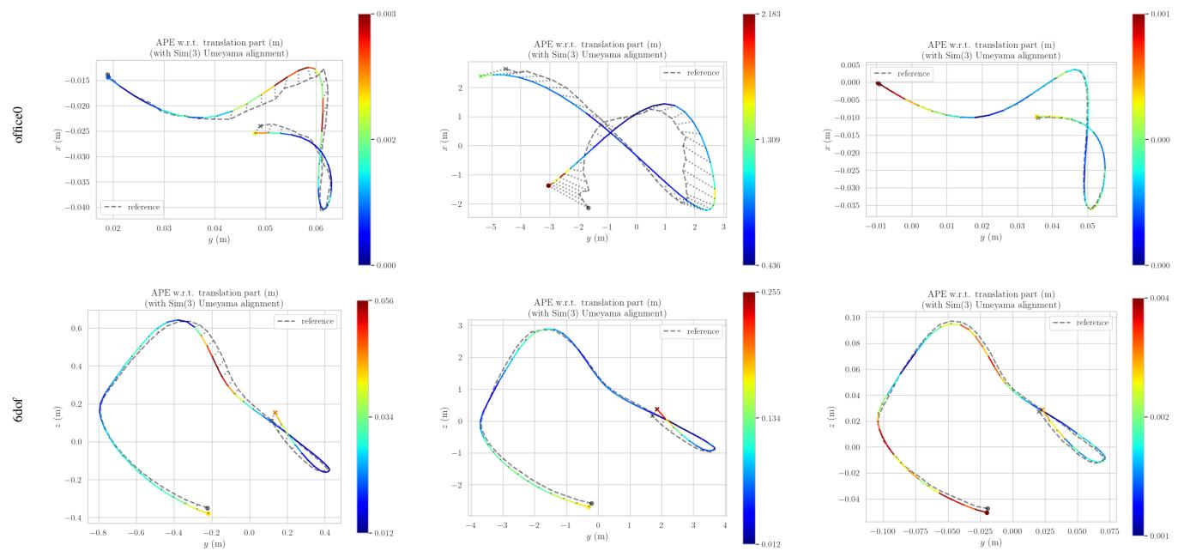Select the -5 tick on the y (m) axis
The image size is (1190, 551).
point(490,229)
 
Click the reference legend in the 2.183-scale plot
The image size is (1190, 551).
point(691,73)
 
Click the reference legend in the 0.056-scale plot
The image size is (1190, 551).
point(305,320)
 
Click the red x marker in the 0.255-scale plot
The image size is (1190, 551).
point(657,409)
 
